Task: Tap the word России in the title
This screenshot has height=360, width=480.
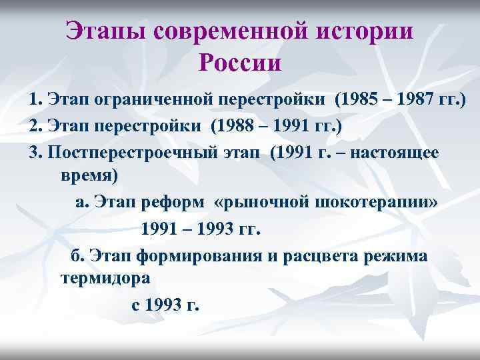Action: click(240, 65)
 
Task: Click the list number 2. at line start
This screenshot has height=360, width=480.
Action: click(36, 127)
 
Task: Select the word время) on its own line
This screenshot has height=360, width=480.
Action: click(89, 177)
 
